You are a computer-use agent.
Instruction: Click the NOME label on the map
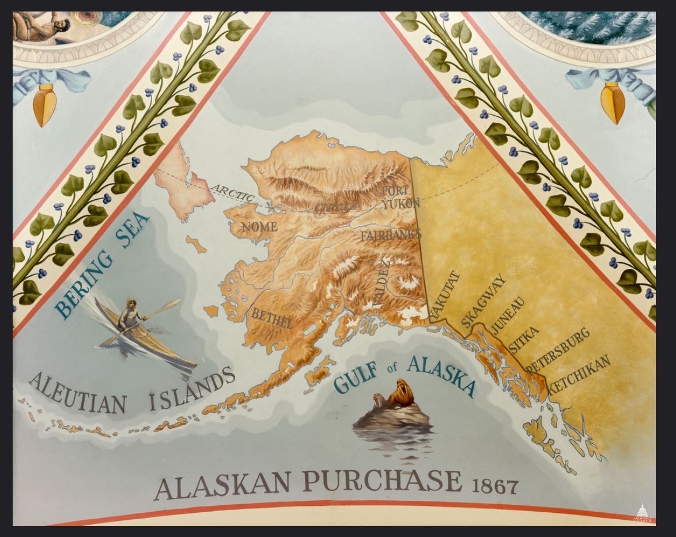(x=259, y=226)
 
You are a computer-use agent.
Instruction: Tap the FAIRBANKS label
(x=391, y=235)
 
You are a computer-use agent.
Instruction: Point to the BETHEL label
(x=271, y=318)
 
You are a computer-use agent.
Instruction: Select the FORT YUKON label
(x=398, y=197)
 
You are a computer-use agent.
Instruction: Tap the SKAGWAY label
(x=484, y=300)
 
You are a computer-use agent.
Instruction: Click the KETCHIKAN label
(x=579, y=374)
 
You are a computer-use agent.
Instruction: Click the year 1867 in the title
(x=494, y=486)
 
